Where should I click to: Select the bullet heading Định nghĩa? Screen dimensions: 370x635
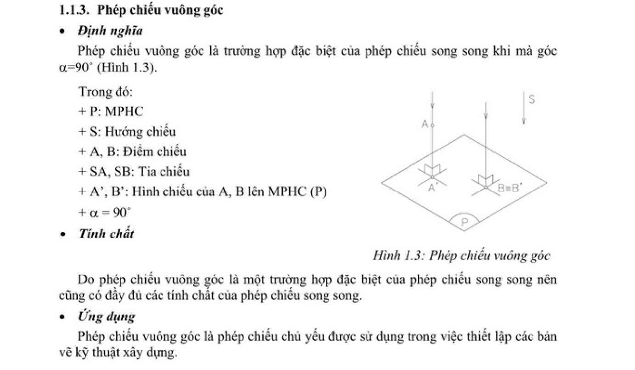point(110,31)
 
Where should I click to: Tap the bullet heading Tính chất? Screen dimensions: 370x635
point(107,234)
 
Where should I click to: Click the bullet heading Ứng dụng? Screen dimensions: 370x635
point(107,316)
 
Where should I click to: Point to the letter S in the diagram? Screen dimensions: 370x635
point(532,100)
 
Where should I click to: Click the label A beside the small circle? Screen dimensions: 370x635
point(425,124)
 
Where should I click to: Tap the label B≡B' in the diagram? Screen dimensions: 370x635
point(510,188)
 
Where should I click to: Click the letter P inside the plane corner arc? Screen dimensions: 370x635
point(464,223)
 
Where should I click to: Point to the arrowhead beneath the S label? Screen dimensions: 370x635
point(523,121)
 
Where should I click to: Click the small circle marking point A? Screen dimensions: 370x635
point(433,124)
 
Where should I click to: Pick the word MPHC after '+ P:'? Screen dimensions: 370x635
point(124,112)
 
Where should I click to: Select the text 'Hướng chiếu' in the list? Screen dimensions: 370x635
point(140,132)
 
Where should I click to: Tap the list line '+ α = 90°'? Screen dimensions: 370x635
point(105,213)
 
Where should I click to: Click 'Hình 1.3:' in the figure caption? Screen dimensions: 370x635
point(399,255)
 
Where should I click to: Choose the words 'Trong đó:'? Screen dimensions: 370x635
point(106,92)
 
